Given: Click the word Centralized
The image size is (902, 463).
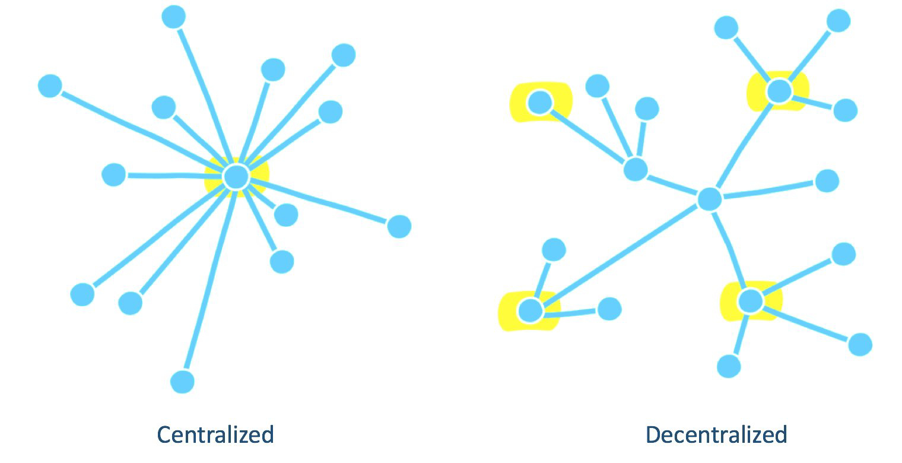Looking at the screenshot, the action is click(215, 435).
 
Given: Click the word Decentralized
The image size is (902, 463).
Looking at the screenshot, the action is click(716, 435).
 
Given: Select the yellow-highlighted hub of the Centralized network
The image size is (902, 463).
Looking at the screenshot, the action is click(236, 176).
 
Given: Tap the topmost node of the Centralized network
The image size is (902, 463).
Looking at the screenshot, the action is click(173, 17).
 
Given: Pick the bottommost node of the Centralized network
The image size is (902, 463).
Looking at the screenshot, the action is click(182, 381).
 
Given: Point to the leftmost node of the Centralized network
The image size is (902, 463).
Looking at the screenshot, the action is click(50, 86).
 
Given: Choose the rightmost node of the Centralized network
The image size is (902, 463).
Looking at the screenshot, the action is click(399, 226).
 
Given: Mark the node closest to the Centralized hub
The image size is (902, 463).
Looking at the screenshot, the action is click(286, 215).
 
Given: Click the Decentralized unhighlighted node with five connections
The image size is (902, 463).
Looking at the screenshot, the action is click(709, 199).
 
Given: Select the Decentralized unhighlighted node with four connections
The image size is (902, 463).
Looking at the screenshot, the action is click(636, 169).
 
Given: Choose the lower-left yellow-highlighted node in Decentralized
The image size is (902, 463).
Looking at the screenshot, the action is click(530, 310).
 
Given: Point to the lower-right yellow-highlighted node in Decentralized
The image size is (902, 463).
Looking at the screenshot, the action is click(751, 301).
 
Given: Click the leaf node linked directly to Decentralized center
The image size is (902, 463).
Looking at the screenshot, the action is click(827, 180).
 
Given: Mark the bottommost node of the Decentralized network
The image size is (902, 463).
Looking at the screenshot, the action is click(729, 366).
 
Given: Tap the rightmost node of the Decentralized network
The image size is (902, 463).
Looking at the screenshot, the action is click(860, 344).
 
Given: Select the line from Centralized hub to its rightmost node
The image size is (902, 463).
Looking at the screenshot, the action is click(320, 201).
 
